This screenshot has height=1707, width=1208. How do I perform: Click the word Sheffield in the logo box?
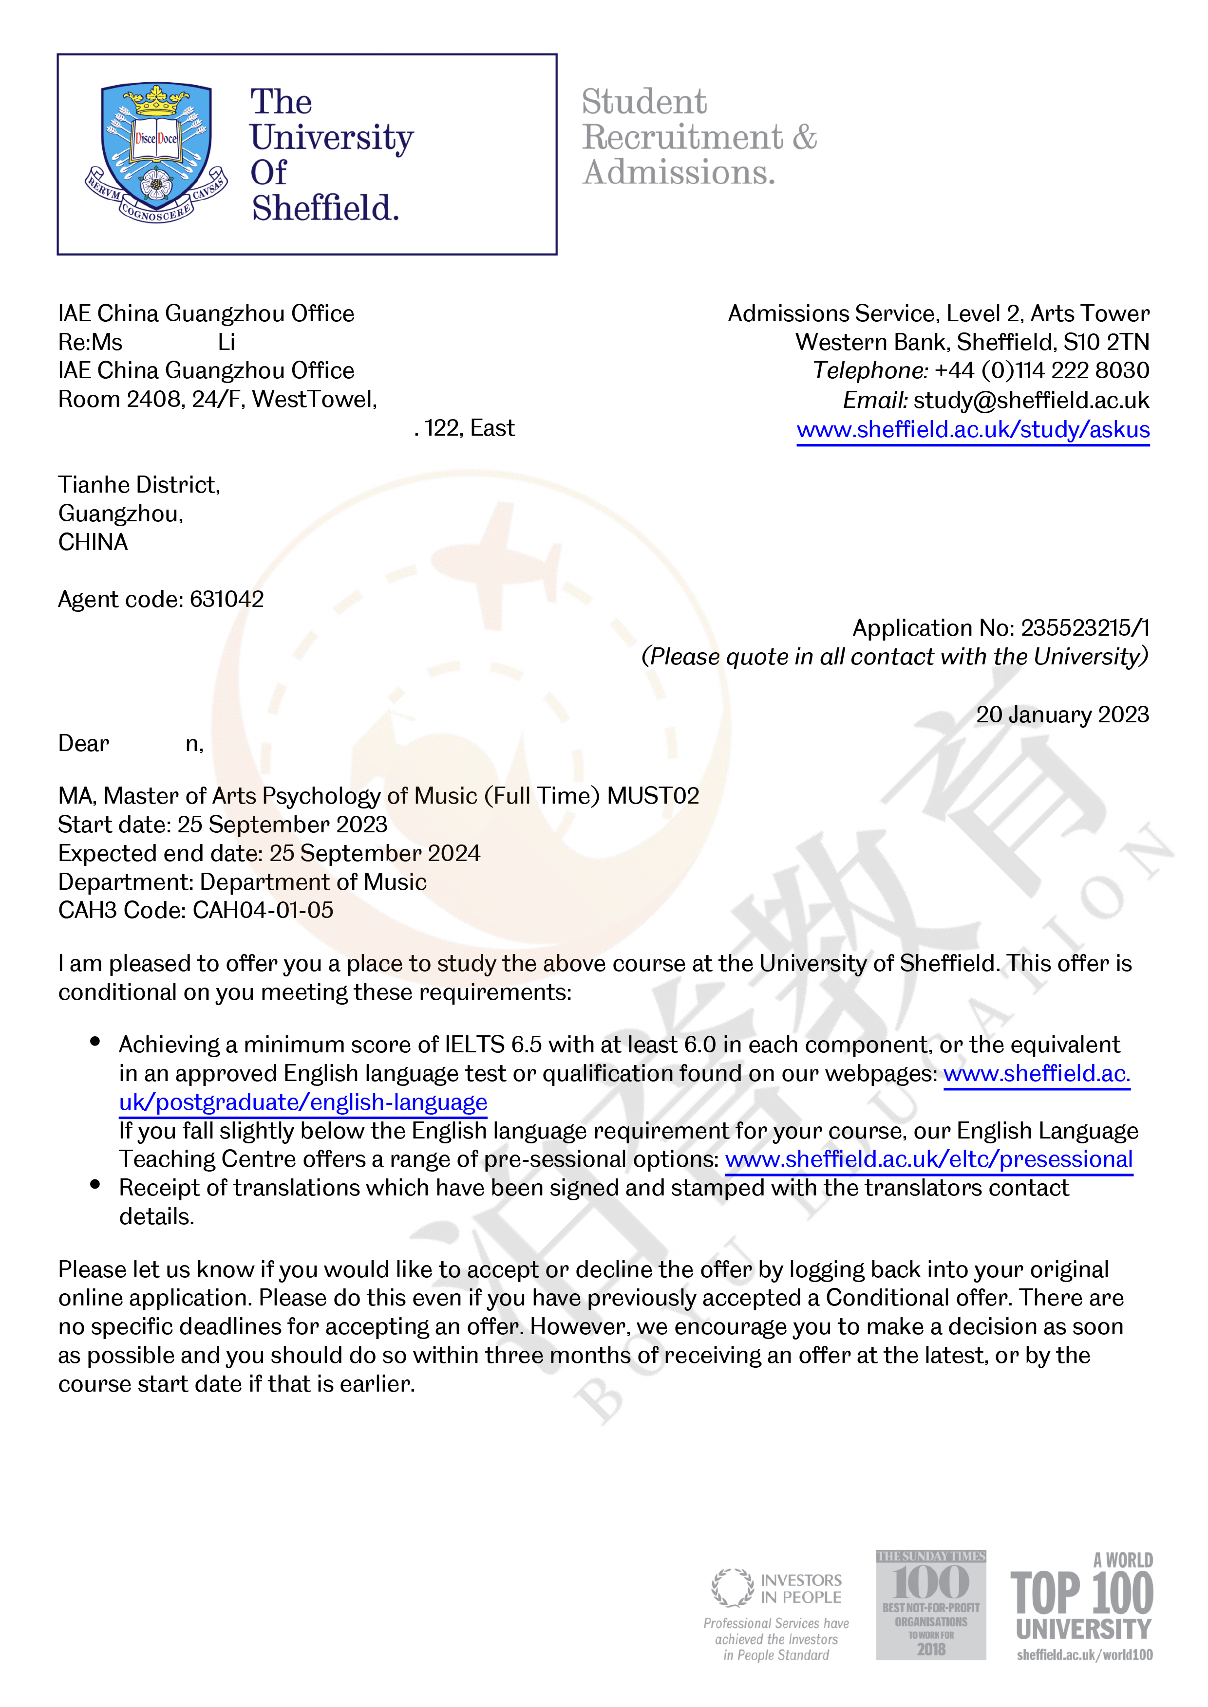pyautogui.click(x=325, y=208)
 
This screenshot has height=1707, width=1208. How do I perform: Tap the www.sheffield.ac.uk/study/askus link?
pyautogui.click(x=972, y=430)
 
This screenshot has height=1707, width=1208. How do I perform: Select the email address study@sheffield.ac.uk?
pyautogui.click(x=1031, y=400)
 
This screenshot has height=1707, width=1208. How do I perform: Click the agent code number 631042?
pyautogui.click(x=227, y=599)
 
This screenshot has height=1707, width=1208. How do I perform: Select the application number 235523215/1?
pyautogui.click(x=1085, y=628)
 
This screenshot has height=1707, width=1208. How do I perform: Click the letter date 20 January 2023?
pyautogui.click(x=1062, y=715)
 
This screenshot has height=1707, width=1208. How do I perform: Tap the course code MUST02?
pyautogui.click(x=653, y=796)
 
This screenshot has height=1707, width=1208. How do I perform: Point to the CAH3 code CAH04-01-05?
pyautogui.click(x=263, y=910)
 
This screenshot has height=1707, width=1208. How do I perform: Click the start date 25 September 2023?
pyautogui.click(x=283, y=825)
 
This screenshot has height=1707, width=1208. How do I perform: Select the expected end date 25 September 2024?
pyautogui.click(x=375, y=854)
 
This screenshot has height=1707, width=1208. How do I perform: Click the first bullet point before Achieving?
pyautogui.click(x=95, y=1042)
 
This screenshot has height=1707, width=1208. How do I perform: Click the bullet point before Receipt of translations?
pyautogui.click(x=95, y=1185)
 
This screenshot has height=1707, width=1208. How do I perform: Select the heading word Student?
pyautogui.click(x=644, y=102)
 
